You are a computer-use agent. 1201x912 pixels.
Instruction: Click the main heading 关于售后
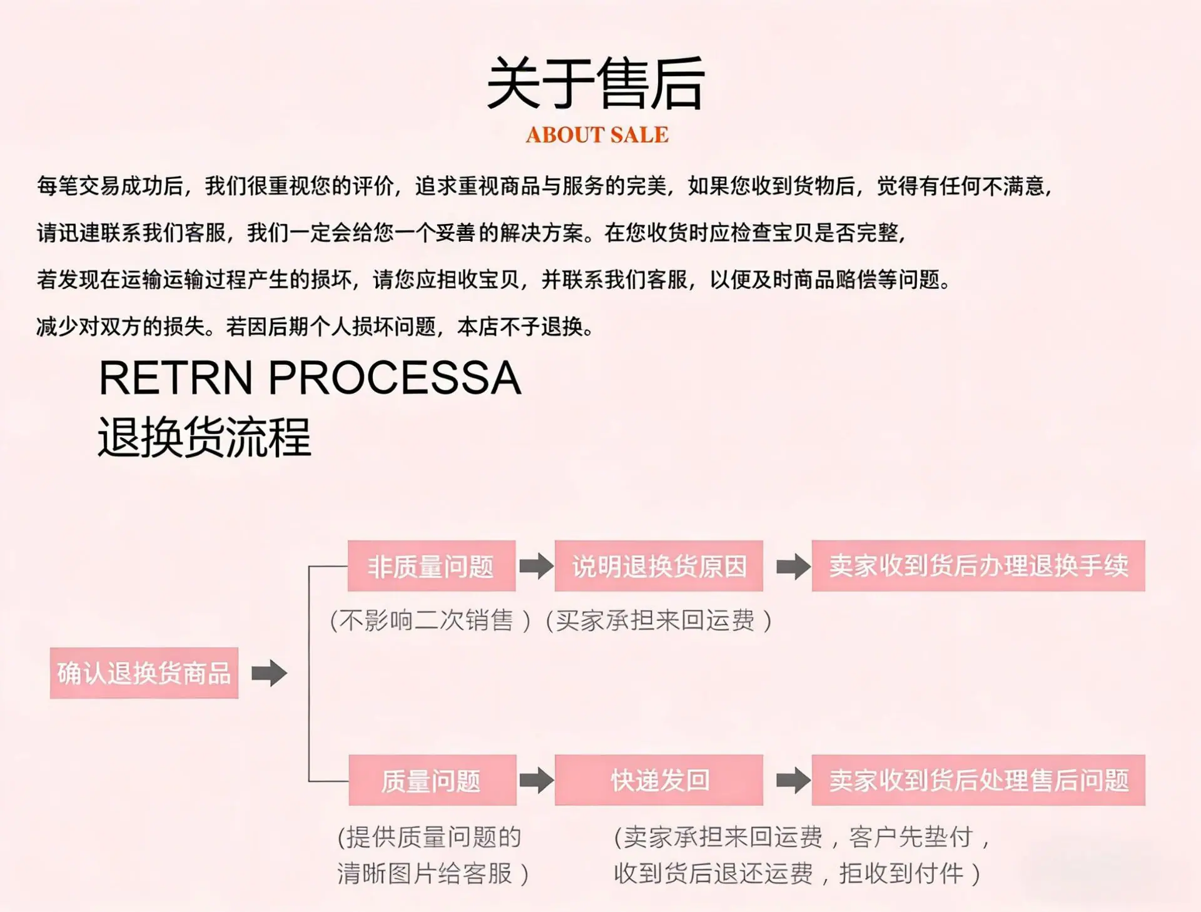pyautogui.click(x=596, y=84)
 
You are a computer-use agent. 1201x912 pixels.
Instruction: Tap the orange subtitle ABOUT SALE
pyautogui.click(x=597, y=134)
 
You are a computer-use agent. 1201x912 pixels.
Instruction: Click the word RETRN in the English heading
pyautogui.click(x=176, y=378)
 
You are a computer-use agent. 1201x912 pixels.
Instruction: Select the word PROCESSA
pyautogui.click(x=395, y=378)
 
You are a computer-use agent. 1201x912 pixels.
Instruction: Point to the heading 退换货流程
pyautogui.click(x=205, y=437)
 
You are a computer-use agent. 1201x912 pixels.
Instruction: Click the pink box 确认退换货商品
pyautogui.click(x=144, y=673)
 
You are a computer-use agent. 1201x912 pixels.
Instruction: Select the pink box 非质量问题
pyautogui.click(x=432, y=566)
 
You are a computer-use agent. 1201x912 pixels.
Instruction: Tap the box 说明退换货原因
pyautogui.click(x=659, y=566)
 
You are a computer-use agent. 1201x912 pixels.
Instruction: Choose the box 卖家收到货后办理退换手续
pyautogui.click(x=978, y=566)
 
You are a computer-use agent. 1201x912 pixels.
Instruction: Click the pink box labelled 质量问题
pyautogui.click(x=432, y=780)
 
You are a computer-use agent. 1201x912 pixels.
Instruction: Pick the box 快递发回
pyautogui.click(x=659, y=780)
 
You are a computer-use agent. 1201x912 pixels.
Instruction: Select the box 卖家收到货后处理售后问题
pyautogui.click(x=978, y=780)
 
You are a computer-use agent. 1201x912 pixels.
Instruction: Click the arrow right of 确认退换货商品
pyautogui.click(x=270, y=673)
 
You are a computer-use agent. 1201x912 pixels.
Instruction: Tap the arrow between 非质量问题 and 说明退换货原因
pyautogui.click(x=537, y=566)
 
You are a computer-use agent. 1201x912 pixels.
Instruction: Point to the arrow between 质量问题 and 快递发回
pyautogui.click(x=537, y=780)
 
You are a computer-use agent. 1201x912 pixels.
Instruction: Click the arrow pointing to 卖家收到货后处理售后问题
pyautogui.click(x=793, y=780)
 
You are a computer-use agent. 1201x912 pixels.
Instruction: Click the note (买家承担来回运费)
pyautogui.click(x=659, y=621)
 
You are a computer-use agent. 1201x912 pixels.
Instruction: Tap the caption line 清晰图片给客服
pyautogui.click(x=433, y=873)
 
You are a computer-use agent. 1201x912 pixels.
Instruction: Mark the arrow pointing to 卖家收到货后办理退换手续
pyautogui.click(x=793, y=566)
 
